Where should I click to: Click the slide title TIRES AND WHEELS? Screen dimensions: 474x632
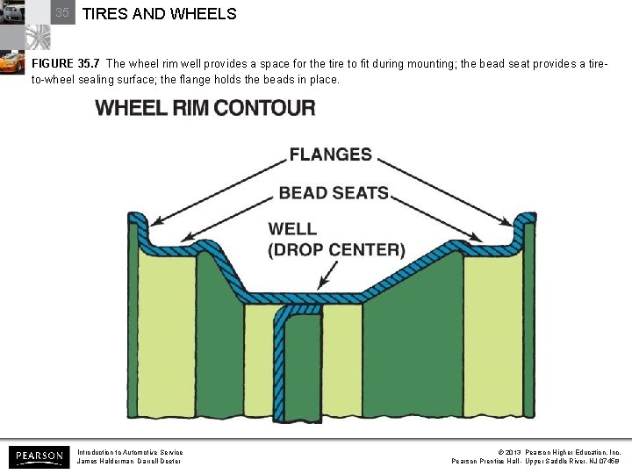coord(159,14)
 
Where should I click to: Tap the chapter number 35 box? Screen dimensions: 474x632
coord(61,13)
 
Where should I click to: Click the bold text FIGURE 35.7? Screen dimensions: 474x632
coord(65,64)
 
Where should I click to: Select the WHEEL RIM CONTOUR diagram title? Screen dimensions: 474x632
coord(205,109)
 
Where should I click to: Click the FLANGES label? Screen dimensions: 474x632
coord(330,154)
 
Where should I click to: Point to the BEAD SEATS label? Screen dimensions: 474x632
coord(334,192)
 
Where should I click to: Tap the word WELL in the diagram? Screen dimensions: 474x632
coord(292,229)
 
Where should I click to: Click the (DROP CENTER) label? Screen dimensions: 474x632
coord(336,250)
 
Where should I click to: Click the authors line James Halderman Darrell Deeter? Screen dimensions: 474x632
coord(129,462)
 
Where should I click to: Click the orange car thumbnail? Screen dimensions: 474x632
coord(11,62)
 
